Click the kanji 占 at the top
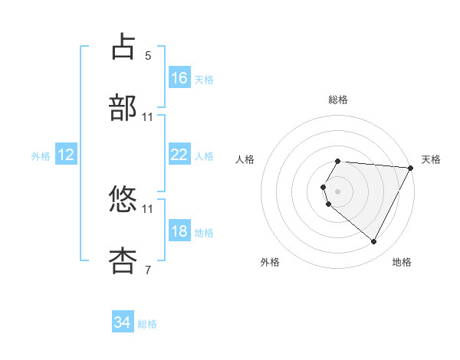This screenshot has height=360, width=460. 123,47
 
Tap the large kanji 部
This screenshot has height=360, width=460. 123,109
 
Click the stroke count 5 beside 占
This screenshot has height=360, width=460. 148,55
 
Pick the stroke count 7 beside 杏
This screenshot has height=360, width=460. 148,270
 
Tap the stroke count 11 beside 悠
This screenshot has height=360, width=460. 148,208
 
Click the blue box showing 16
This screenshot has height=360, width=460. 179,78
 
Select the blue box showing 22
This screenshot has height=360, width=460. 179,155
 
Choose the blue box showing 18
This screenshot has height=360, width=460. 179,231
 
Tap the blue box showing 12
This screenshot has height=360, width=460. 66,155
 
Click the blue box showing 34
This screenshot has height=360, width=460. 123,322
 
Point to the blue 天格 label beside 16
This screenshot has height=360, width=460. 204,79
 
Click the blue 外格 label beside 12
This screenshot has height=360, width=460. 41,155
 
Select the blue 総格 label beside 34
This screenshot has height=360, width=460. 147,323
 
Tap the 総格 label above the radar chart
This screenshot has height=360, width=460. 338,100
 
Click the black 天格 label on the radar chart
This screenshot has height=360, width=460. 431,159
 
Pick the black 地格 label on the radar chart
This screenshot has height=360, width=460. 402,262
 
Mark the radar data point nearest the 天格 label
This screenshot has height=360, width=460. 411,168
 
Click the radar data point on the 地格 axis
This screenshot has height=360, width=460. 374,242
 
